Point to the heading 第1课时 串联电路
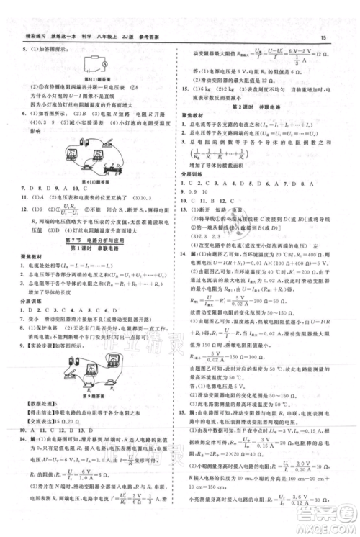tap(89, 267)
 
